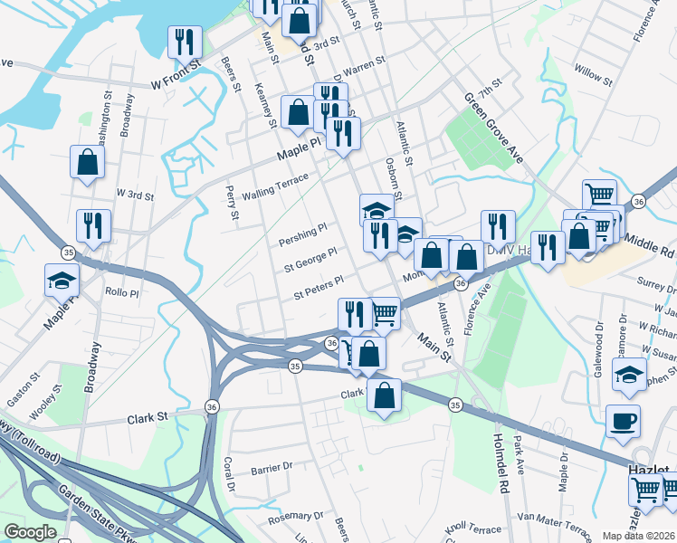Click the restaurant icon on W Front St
pyautogui.click(x=185, y=43)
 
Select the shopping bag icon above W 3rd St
pyautogui.click(x=87, y=164)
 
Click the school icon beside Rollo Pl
pyautogui.click(x=62, y=281)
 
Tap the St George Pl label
pyautogui.click(x=310, y=261)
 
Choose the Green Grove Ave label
pyautogui.click(x=493, y=126)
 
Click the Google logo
pyautogui.click(x=31, y=532)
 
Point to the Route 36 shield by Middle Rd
pyautogui.click(x=639, y=201)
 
